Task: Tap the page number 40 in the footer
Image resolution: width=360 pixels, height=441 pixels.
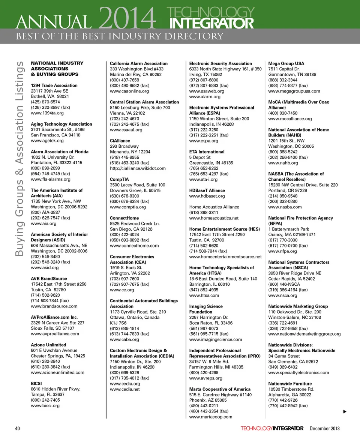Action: click(x=18, y=428)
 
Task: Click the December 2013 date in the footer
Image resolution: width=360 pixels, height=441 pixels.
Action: click(x=325, y=428)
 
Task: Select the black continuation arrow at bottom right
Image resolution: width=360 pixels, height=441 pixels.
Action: click(x=345, y=412)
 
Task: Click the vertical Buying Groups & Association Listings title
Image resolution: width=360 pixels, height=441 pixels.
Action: click(x=20, y=159)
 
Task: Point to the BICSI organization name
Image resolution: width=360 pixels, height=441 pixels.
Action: click(x=37, y=384)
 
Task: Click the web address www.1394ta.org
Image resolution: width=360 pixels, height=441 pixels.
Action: click(x=47, y=113)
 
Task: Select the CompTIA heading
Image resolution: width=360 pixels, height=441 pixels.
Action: click(x=118, y=179)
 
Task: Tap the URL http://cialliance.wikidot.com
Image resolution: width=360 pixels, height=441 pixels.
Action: click(x=138, y=168)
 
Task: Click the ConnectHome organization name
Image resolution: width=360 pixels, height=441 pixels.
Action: click(x=124, y=218)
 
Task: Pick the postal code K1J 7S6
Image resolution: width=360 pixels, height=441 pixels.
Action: click(x=118, y=323)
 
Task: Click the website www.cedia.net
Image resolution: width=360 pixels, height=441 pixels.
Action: click(x=125, y=389)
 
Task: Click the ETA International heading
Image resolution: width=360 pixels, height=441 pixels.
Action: click(x=207, y=152)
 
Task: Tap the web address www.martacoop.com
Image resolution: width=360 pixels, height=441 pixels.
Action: click(x=211, y=417)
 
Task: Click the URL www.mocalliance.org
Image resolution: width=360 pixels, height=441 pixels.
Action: click(x=290, y=119)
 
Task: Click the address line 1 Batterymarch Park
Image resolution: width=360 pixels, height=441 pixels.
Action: click(x=289, y=229)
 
